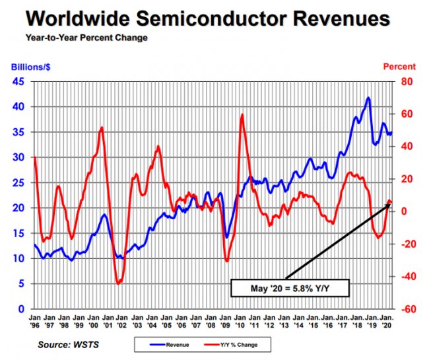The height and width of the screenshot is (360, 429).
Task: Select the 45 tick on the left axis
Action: (x=18, y=81)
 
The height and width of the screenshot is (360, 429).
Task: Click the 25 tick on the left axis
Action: (x=18, y=182)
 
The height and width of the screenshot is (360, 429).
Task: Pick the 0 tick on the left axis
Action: (x=22, y=308)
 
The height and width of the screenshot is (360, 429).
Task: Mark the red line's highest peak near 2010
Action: (x=242, y=115)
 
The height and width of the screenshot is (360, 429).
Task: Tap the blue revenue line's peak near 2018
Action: (x=368, y=98)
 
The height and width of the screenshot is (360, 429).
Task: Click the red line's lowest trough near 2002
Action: (x=118, y=283)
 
